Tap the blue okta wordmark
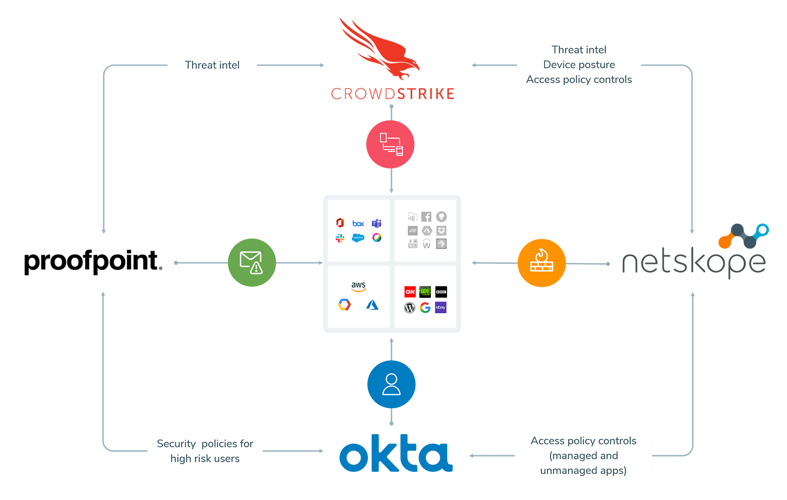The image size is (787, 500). [396, 453]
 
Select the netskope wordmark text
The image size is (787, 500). [694, 263]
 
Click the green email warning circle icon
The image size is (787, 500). [252, 263]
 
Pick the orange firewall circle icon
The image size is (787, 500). [542, 263]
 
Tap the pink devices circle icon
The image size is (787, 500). [391, 145]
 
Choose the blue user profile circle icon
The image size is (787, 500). [391, 384]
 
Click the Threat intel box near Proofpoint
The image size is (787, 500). [212, 65]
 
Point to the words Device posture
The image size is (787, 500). [579, 64]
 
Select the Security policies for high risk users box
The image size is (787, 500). [205, 451]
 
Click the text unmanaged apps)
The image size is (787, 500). [583, 471]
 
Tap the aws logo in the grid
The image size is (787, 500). [359, 286]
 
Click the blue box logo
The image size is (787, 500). [358, 224]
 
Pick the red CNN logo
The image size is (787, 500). [410, 292]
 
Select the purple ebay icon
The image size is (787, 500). [441, 308]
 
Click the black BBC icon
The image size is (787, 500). [441, 292]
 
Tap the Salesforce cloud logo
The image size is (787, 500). [358, 238]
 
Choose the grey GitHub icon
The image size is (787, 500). [441, 217]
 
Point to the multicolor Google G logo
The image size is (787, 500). [425, 308]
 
